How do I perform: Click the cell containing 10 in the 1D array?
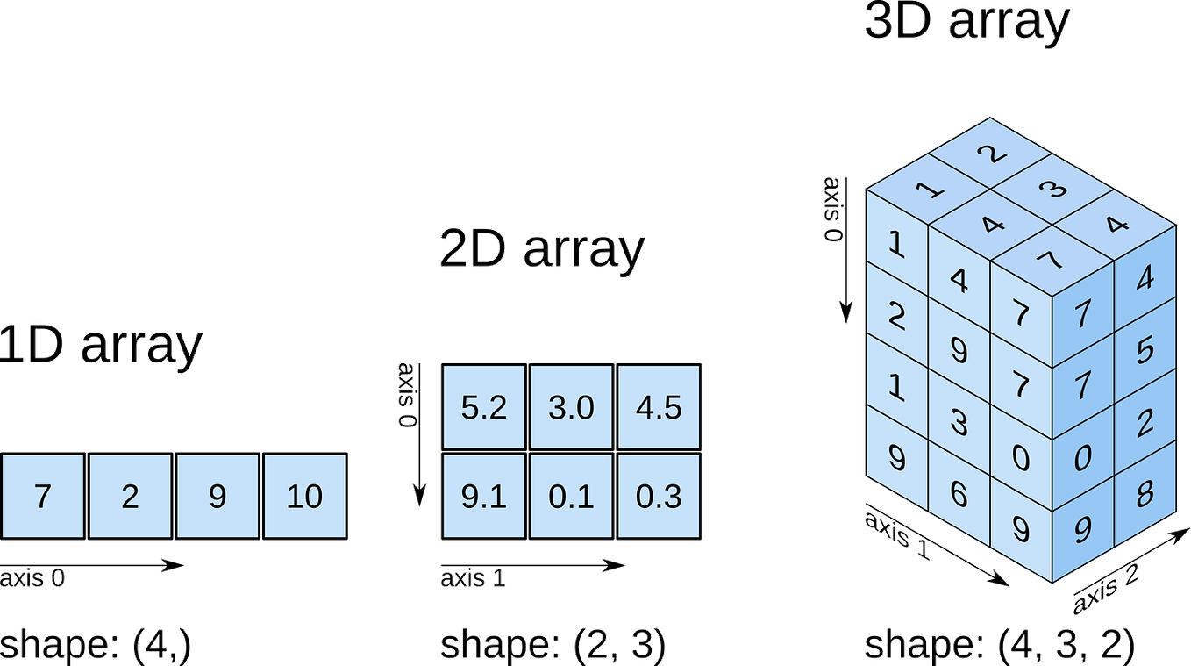point(305,497)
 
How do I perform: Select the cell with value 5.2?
point(483,408)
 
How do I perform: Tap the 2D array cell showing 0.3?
point(659,497)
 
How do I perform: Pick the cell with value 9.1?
point(483,497)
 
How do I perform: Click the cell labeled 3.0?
point(571,408)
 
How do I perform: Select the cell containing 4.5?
point(659,408)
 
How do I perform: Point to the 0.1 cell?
point(571,497)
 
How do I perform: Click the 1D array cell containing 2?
point(130,497)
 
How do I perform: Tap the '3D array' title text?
point(966,22)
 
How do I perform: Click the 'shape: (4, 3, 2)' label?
point(999,646)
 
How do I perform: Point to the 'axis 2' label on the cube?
point(1107,588)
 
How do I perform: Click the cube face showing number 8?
point(1144,493)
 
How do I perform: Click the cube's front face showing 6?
point(959,493)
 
